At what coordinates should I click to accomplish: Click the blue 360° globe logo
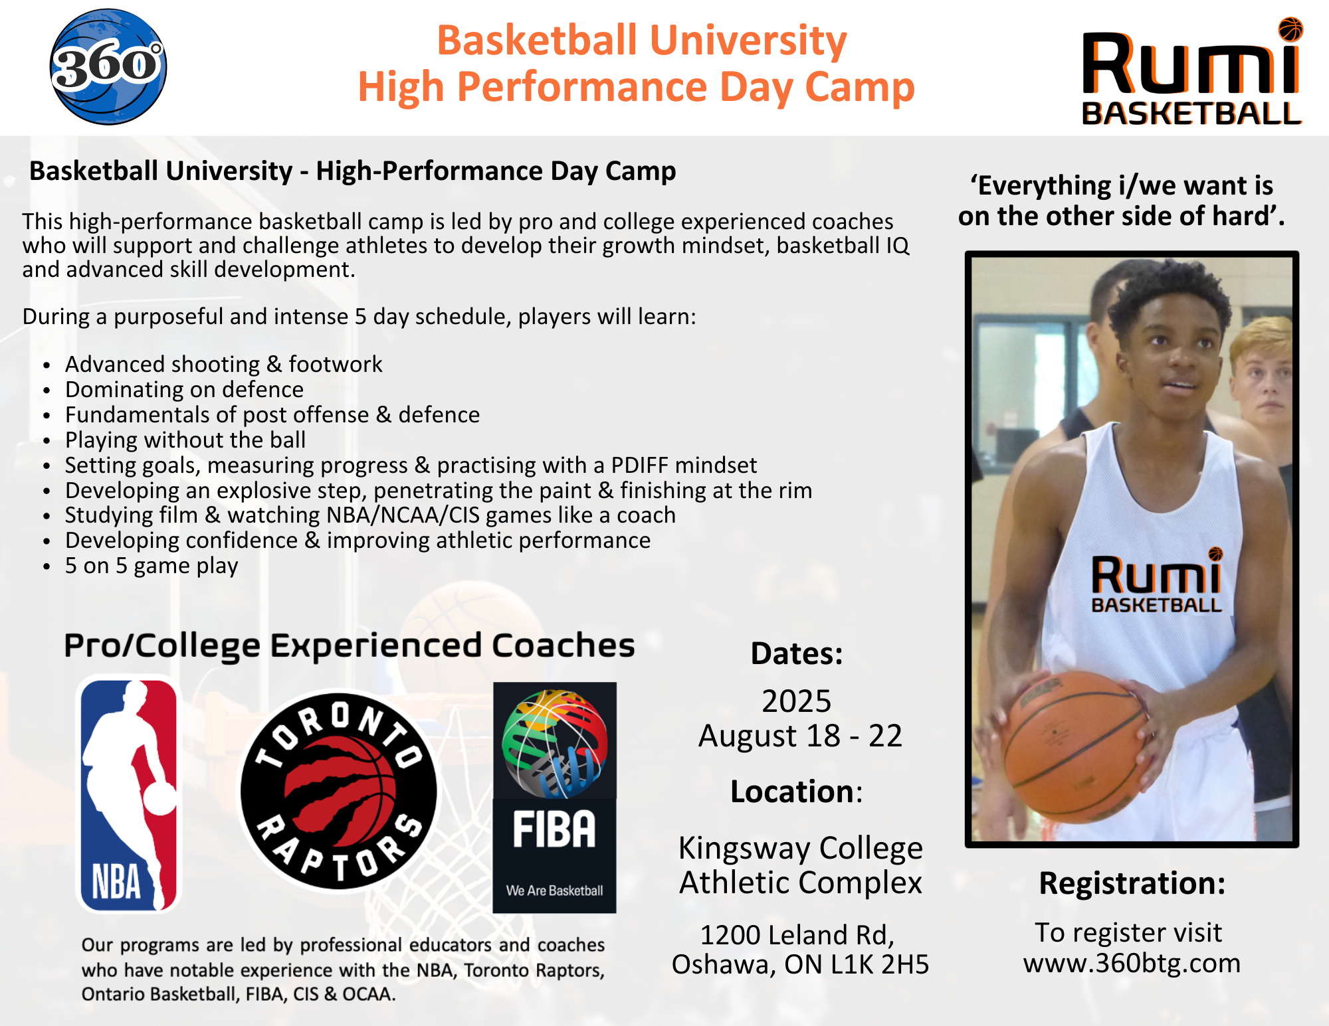pos(108,66)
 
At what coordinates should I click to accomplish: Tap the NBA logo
pos(129,794)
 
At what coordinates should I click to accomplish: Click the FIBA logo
pos(554,797)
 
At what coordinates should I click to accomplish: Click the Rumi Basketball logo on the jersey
pos(1157,580)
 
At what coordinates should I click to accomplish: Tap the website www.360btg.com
pos(1132,963)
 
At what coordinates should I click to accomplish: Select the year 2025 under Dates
pos(796,701)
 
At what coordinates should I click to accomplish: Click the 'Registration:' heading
pos(1132,883)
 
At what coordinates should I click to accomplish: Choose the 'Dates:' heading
pos(797,653)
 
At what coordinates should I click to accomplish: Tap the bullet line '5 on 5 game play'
pos(152,566)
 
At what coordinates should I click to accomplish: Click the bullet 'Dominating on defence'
pos(184,390)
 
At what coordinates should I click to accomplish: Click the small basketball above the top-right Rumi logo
pos(1290,29)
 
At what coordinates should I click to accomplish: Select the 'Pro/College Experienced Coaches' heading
pos(350,645)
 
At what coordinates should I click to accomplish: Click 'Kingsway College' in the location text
pos(801,848)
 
